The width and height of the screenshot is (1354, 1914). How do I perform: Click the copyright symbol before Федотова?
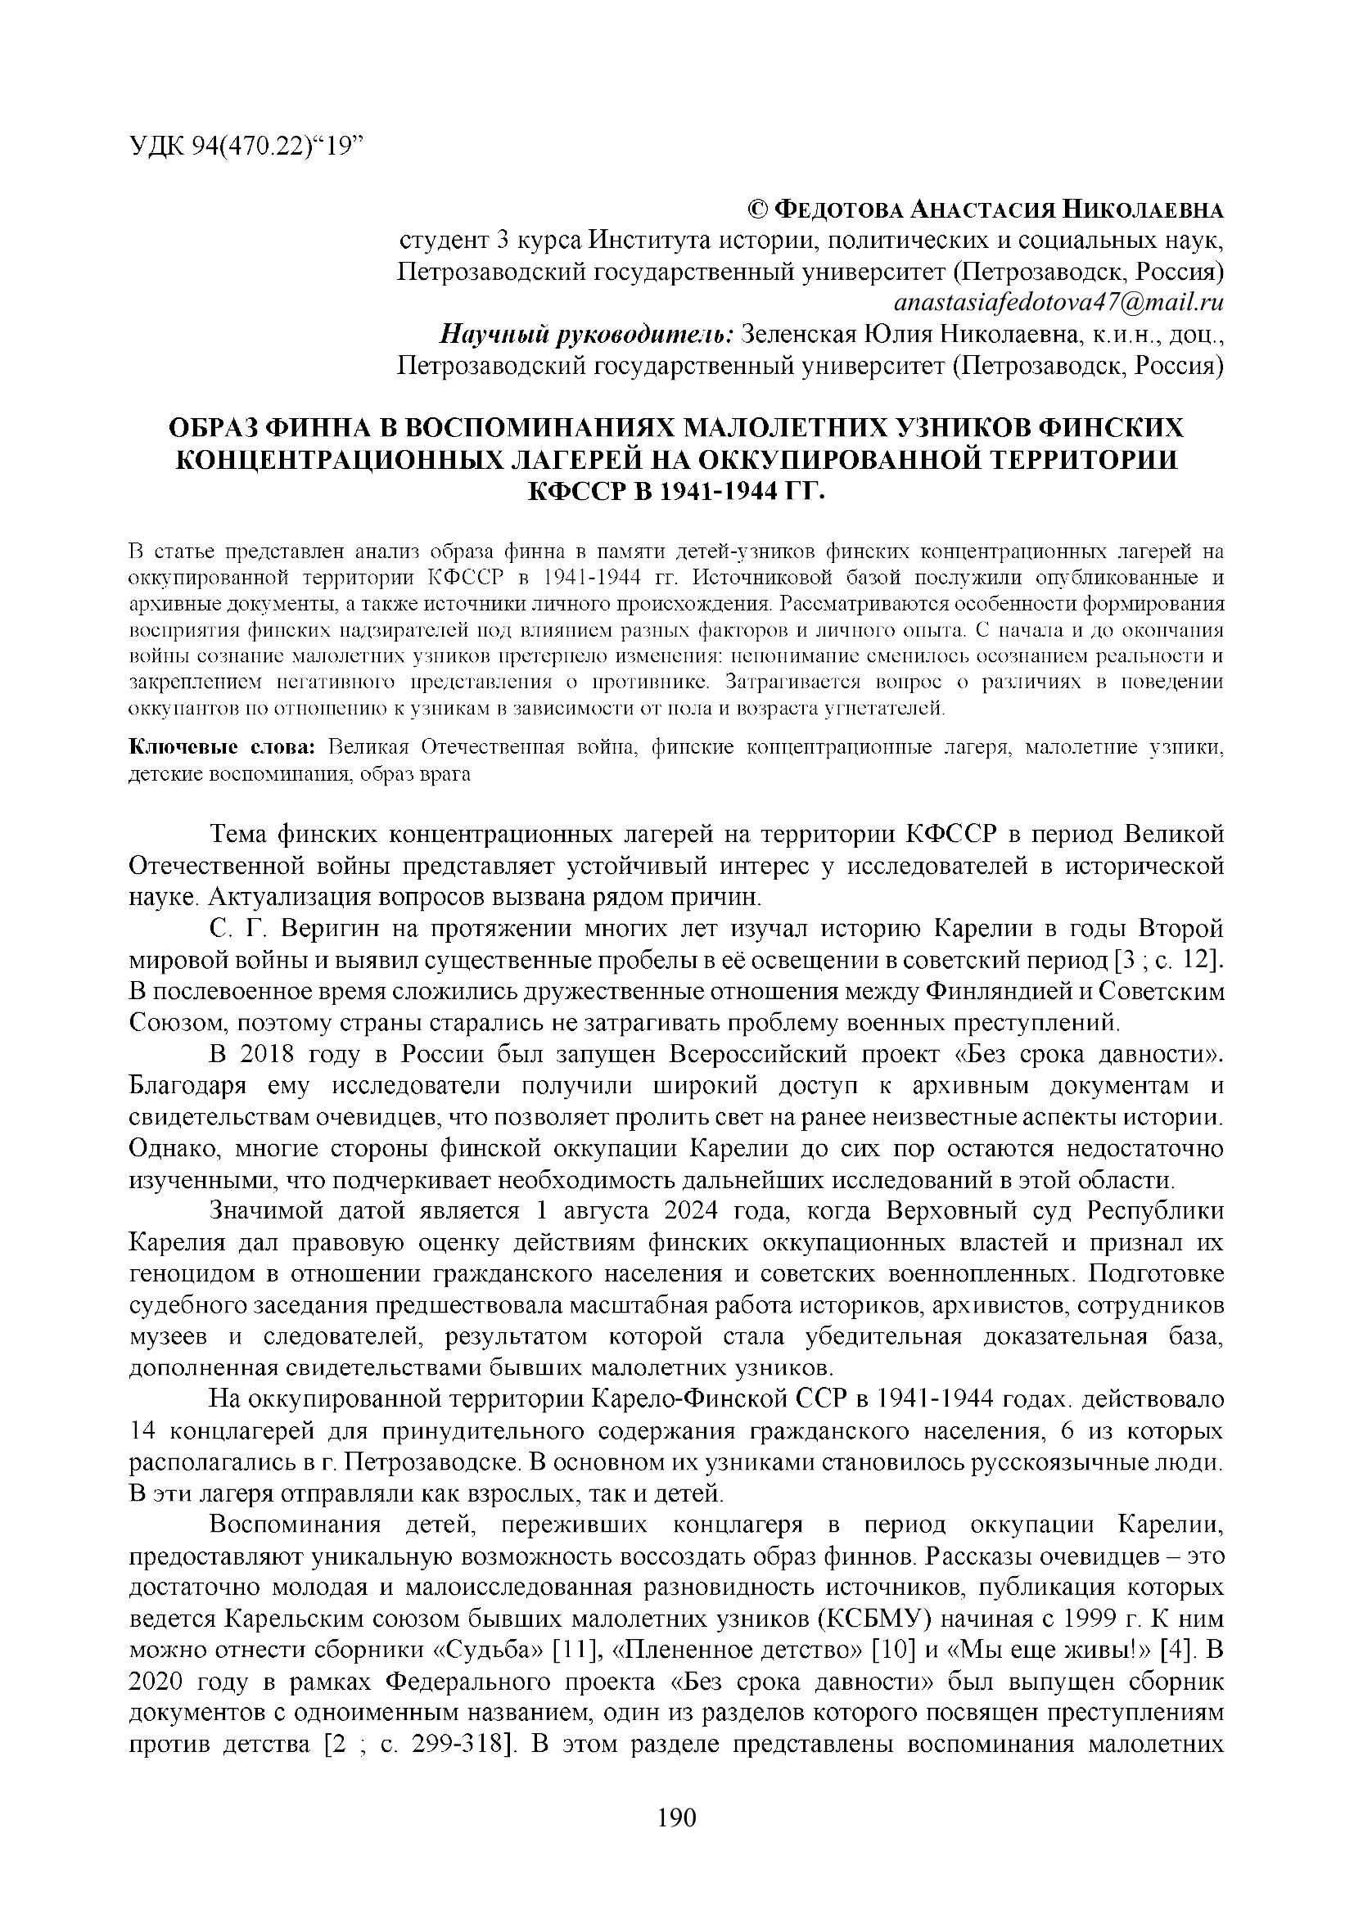click(x=758, y=209)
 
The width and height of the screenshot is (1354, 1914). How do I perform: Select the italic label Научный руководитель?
click(x=586, y=335)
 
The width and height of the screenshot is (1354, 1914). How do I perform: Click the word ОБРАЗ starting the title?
click(x=214, y=429)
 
